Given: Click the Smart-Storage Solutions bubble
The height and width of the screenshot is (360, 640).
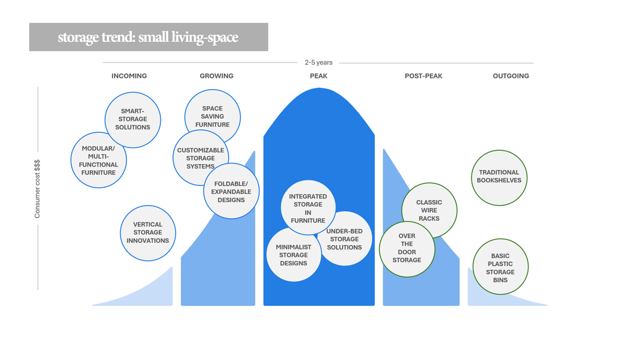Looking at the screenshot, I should [132, 119].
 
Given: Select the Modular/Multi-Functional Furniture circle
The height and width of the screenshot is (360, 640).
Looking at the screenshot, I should [99, 160].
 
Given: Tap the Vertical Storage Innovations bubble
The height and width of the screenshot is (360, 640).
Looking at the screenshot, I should [148, 233].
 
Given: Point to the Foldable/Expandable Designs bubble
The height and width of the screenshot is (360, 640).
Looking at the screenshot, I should [231, 192].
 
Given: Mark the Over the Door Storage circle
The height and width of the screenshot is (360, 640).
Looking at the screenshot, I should [406, 249].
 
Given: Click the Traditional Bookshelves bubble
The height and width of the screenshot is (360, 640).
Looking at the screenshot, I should [499, 177].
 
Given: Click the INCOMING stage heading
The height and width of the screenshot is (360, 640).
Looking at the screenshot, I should [129, 76].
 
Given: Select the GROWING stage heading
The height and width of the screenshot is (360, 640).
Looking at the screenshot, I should [217, 76].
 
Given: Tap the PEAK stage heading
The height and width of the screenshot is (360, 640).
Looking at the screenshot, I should [319, 76].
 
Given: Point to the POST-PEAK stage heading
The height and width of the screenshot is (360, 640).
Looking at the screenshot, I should [423, 76].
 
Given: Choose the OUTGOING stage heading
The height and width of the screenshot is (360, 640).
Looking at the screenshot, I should [511, 76].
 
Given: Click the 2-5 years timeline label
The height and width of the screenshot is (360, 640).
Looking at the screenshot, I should [318, 63].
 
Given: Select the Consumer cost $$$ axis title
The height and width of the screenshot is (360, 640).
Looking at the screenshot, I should [37, 189].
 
